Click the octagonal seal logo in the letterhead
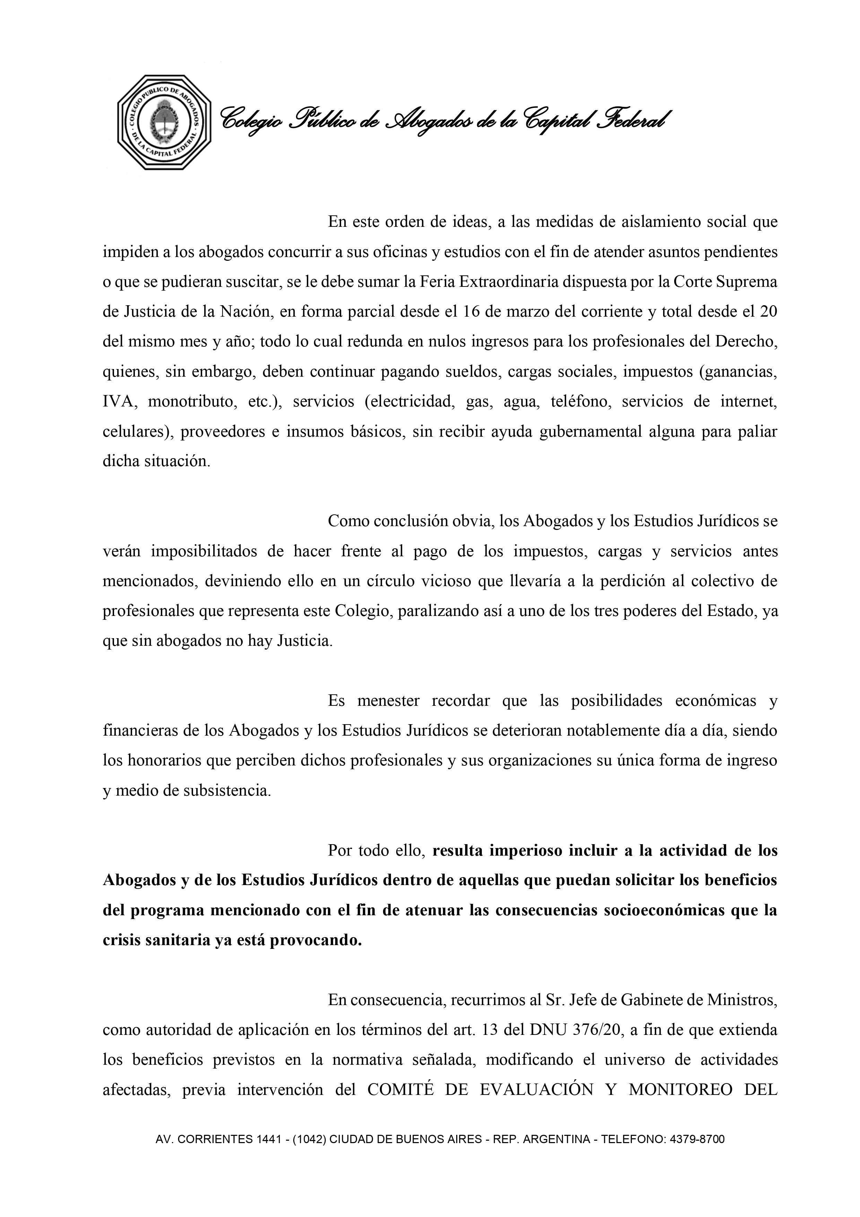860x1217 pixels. tap(164, 122)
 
